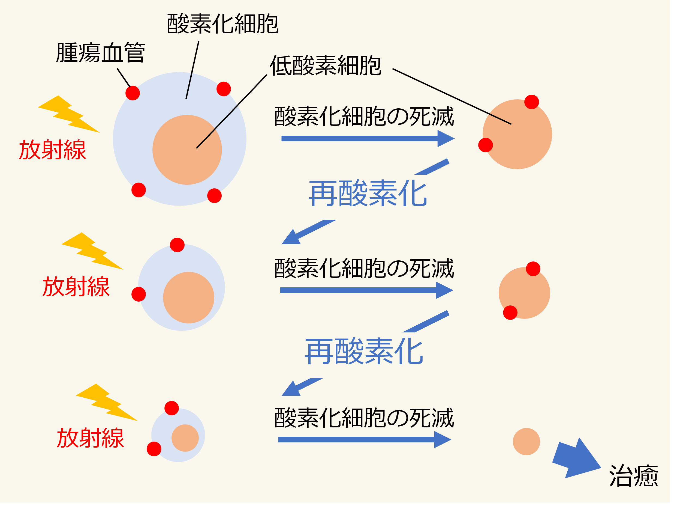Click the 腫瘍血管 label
(x=101, y=53)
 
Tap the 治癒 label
(x=633, y=476)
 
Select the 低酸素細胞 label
(x=326, y=66)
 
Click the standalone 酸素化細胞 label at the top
(x=223, y=24)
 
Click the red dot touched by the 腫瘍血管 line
(x=133, y=93)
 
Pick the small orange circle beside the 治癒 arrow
(x=526, y=442)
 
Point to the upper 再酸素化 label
(x=368, y=194)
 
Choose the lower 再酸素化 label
(x=364, y=352)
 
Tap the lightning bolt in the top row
(x=69, y=114)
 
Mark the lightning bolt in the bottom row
(x=107, y=402)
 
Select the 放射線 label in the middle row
(x=76, y=287)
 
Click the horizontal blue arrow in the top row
(x=368, y=139)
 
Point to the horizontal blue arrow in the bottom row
(x=365, y=439)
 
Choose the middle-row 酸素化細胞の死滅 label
(x=364, y=269)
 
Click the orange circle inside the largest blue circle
(x=187, y=150)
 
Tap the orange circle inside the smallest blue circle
(x=185, y=438)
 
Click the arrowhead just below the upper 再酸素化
(x=291, y=237)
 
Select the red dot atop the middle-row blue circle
(x=177, y=245)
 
